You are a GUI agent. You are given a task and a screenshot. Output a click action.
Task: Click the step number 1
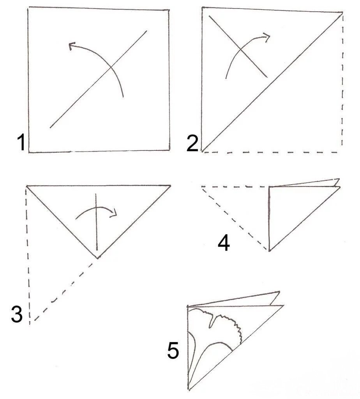21,143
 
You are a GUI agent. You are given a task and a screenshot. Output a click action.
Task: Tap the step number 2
192,143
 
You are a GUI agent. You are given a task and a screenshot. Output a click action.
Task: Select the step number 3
17,314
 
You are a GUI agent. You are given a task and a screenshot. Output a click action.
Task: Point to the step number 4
224,243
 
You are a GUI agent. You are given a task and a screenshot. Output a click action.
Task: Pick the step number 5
173,350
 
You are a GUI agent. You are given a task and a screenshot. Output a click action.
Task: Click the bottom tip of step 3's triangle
98,258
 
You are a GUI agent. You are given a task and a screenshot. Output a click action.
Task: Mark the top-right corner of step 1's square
169,10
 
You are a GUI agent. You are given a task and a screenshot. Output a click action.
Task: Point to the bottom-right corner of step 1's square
170,150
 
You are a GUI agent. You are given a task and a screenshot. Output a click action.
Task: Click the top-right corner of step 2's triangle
342,12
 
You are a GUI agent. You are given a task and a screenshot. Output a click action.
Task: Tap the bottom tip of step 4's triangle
269,251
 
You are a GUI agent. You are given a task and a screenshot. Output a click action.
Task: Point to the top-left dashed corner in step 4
202,187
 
